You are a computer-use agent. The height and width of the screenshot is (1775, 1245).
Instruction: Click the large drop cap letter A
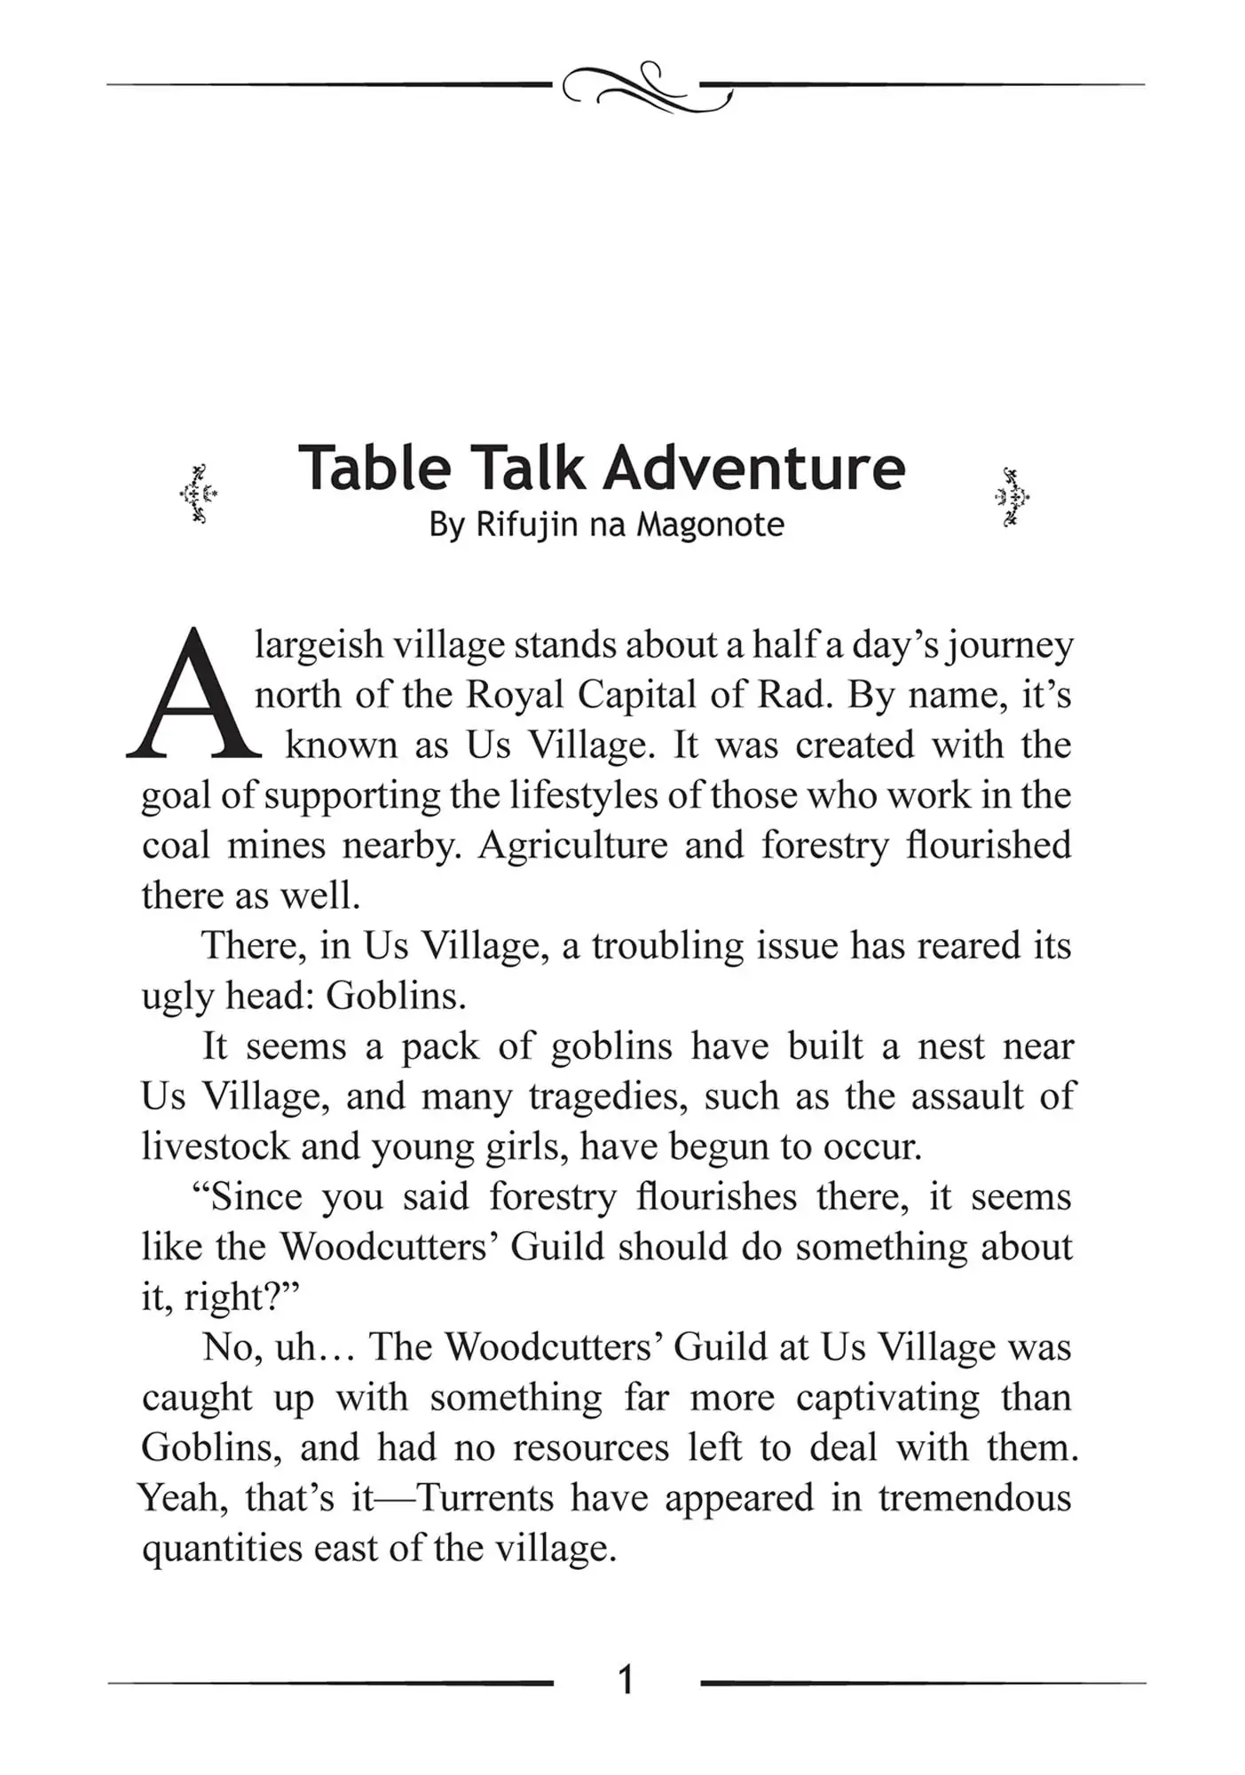tap(193, 696)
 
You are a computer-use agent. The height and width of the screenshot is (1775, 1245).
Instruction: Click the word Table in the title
tap(374, 468)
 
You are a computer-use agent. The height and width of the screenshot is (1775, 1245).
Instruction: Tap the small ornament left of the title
tap(199, 494)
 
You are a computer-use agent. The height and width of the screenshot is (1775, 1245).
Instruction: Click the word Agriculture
tap(572, 845)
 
